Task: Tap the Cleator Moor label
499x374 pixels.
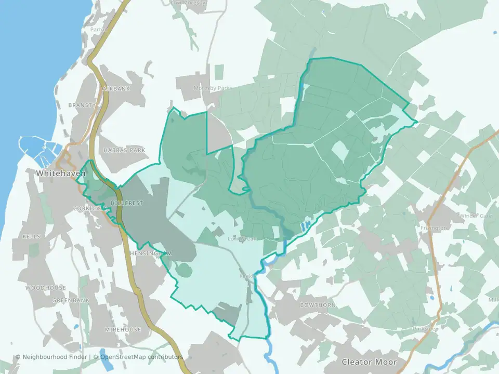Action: click(x=369, y=362)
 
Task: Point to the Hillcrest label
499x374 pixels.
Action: click(x=127, y=203)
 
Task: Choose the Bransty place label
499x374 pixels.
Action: click(x=85, y=105)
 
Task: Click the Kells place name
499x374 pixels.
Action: click(x=31, y=236)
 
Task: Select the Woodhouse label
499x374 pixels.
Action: click(x=46, y=288)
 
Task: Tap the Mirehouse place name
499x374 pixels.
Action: click(x=123, y=330)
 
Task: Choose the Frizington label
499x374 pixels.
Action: click(x=433, y=228)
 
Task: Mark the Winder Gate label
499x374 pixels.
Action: click(x=475, y=216)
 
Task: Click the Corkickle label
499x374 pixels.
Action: click(x=86, y=208)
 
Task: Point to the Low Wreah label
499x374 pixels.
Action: click(x=243, y=239)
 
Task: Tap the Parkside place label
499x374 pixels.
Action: click(x=425, y=329)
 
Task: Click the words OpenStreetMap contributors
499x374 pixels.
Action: click(x=141, y=357)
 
